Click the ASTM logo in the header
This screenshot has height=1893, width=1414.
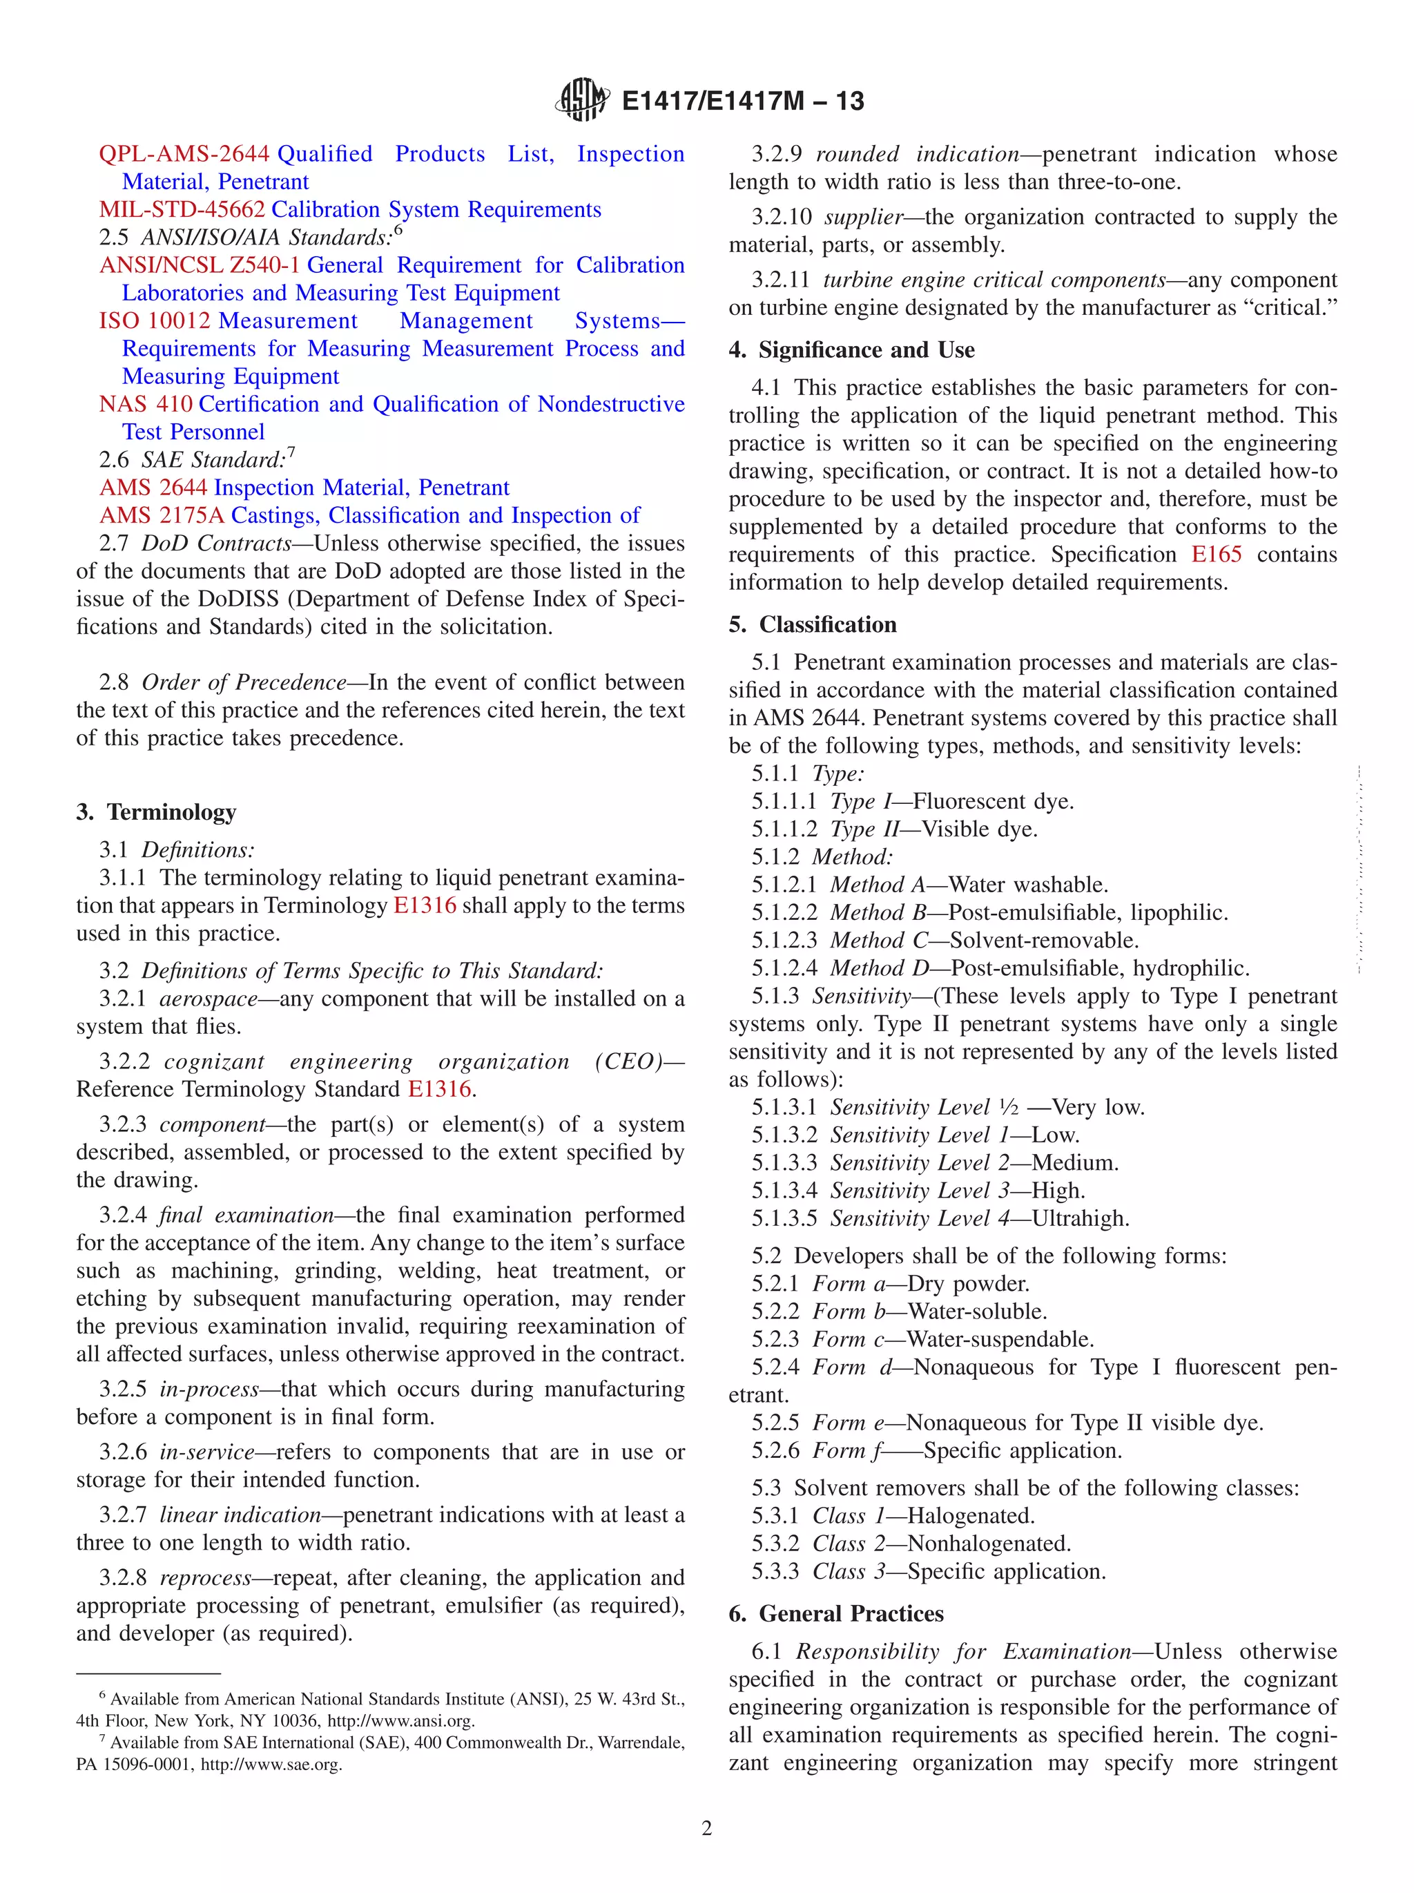click(583, 100)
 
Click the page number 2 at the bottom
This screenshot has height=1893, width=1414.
click(706, 1828)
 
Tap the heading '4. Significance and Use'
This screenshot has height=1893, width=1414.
click(851, 350)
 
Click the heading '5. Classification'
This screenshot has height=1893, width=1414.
click(813, 625)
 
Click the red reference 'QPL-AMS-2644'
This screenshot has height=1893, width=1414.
click(184, 154)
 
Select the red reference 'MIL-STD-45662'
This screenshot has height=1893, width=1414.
click(182, 210)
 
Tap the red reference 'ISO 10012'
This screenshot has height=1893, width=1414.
click(155, 321)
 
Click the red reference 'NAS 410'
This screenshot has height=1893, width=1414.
click(146, 404)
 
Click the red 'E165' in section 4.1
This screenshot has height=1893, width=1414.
click(1216, 555)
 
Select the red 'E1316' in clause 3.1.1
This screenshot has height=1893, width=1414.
click(425, 905)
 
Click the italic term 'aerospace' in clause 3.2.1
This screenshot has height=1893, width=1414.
click(208, 999)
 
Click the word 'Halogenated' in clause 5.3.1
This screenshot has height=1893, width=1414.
click(970, 1516)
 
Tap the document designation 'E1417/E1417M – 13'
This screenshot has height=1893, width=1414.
click(742, 101)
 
